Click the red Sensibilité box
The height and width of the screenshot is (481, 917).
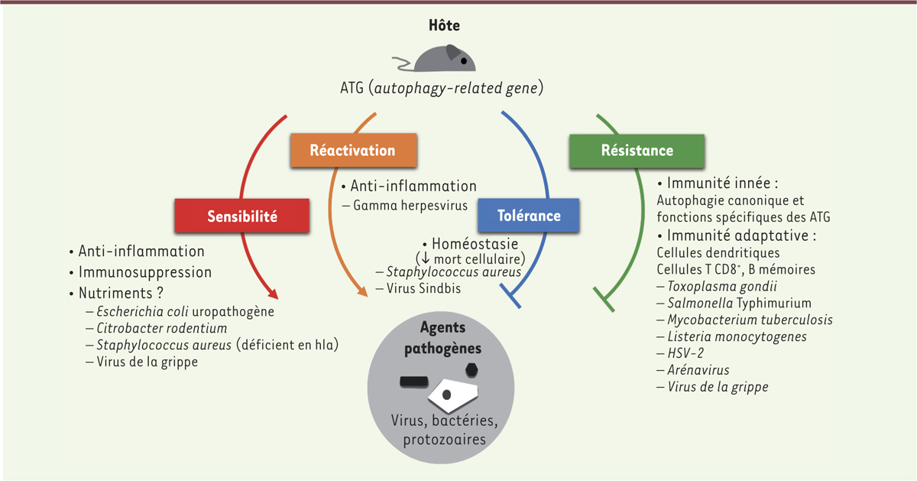(242, 216)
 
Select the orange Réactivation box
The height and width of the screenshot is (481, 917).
(352, 150)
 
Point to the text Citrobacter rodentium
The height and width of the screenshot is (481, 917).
(162, 328)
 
